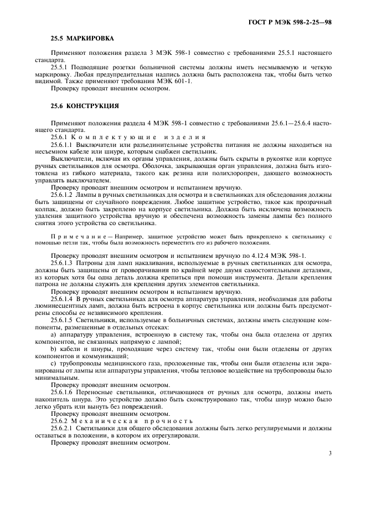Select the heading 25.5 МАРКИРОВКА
coord(82,38)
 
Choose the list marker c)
coord(54,363)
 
